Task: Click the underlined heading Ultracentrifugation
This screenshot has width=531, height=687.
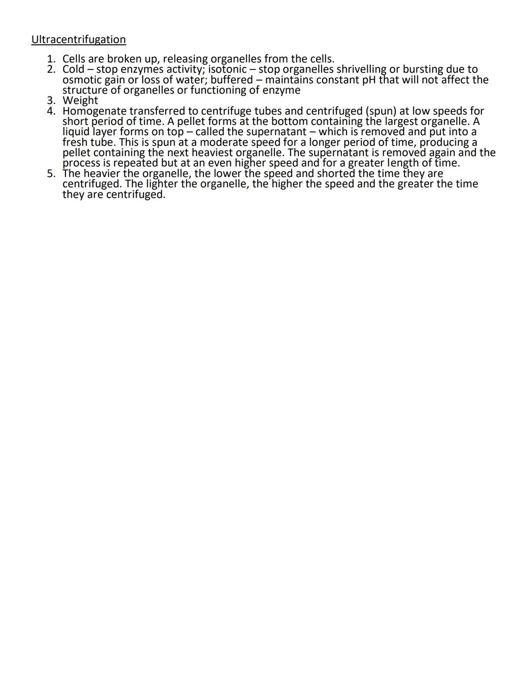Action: click(78, 39)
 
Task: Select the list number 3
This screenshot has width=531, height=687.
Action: click(51, 101)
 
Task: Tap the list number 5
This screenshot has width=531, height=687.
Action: click(51, 174)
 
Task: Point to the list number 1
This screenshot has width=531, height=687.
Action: click(51, 60)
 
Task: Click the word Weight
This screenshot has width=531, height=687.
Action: click(80, 101)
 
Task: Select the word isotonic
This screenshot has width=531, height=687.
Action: click(227, 69)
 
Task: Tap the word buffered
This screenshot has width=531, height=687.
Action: click(231, 80)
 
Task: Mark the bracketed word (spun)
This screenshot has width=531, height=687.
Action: click(381, 112)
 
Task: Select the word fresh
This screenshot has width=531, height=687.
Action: click(74, 143)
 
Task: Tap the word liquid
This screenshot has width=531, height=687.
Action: click(76, 132)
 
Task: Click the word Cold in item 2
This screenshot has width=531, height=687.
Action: click(73, 69)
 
